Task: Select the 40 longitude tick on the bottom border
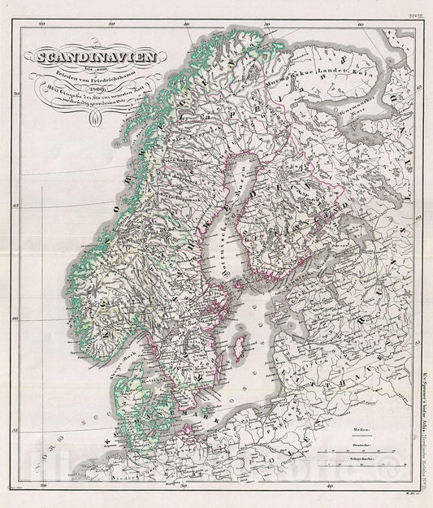(x=330, y=487)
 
